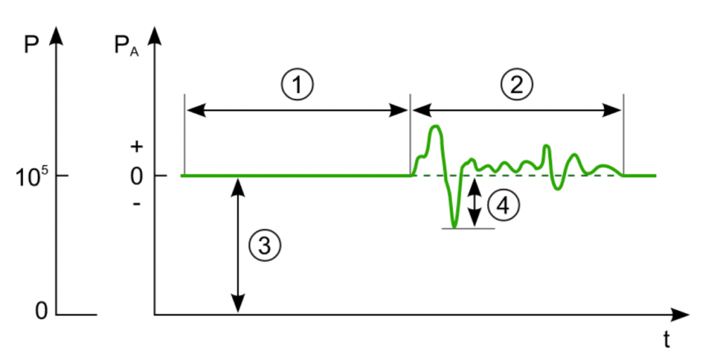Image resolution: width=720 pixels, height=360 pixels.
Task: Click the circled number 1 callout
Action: point(297,85)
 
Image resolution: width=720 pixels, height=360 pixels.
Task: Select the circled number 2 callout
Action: point(517,85)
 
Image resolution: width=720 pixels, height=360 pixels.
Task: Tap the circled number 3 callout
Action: point(264,245)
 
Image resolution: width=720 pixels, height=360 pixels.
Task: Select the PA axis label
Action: point(126,47)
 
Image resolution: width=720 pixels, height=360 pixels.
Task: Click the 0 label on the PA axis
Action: point(136,175)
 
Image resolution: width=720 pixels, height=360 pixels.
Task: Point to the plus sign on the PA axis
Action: point(136,147)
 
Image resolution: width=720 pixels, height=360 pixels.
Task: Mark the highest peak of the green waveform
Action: point(435,127)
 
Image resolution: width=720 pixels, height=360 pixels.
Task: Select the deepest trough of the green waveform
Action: point(454,226)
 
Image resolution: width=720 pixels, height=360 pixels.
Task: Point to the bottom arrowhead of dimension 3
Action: point(238,306)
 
